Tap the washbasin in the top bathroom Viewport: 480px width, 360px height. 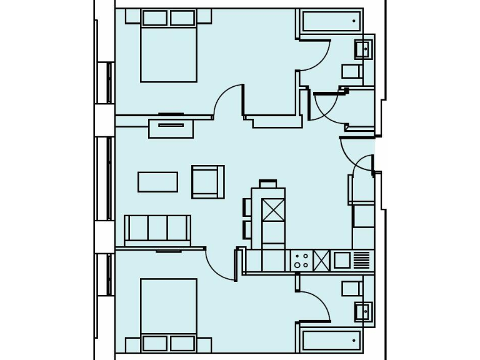point(363,48)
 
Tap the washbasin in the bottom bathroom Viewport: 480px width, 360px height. point(363,311)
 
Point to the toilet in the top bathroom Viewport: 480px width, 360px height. point(352,71)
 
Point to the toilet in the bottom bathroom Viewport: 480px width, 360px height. point(352,288)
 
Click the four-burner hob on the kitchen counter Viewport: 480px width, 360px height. point(301,260)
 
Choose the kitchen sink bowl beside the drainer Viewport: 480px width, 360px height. point(342,259)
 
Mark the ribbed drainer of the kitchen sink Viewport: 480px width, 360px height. point(362,259)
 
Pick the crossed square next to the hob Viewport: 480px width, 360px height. point(321,260)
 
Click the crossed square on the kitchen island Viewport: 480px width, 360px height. point(273,209)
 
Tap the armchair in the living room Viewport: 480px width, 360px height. point(207,182)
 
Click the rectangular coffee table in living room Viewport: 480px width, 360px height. point(157,182)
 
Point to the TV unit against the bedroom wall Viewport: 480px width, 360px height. point(171,127)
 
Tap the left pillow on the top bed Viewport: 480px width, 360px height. point(154,17)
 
